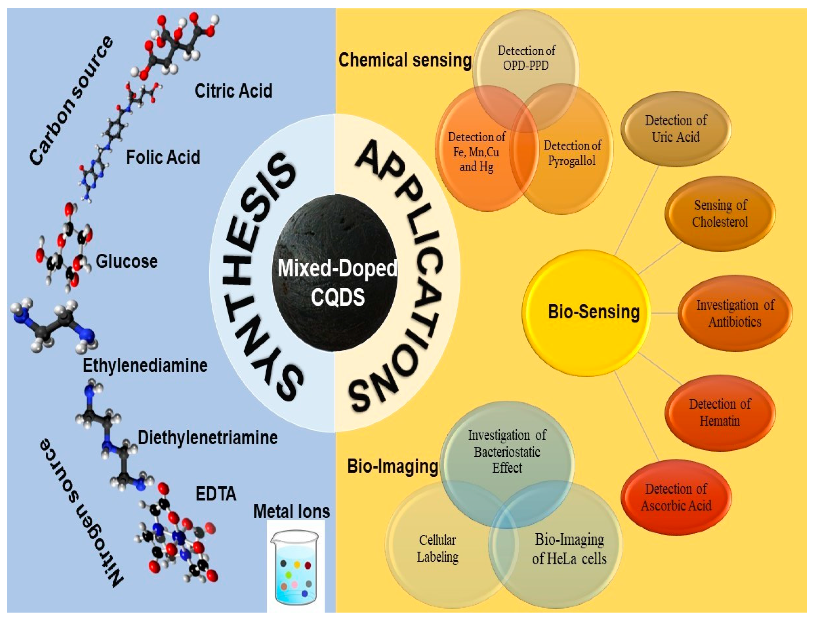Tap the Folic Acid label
coord(163,157)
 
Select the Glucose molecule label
coord(126,261)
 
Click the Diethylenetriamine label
coord(207,438)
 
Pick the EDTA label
coord(215,494)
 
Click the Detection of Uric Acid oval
coord(675,129)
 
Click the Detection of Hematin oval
coord(719,413)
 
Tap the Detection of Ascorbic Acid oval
coord(676,497)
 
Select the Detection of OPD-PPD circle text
coord(526,58)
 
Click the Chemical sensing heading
coord(405,60)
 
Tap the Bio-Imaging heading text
coord(393,466)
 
